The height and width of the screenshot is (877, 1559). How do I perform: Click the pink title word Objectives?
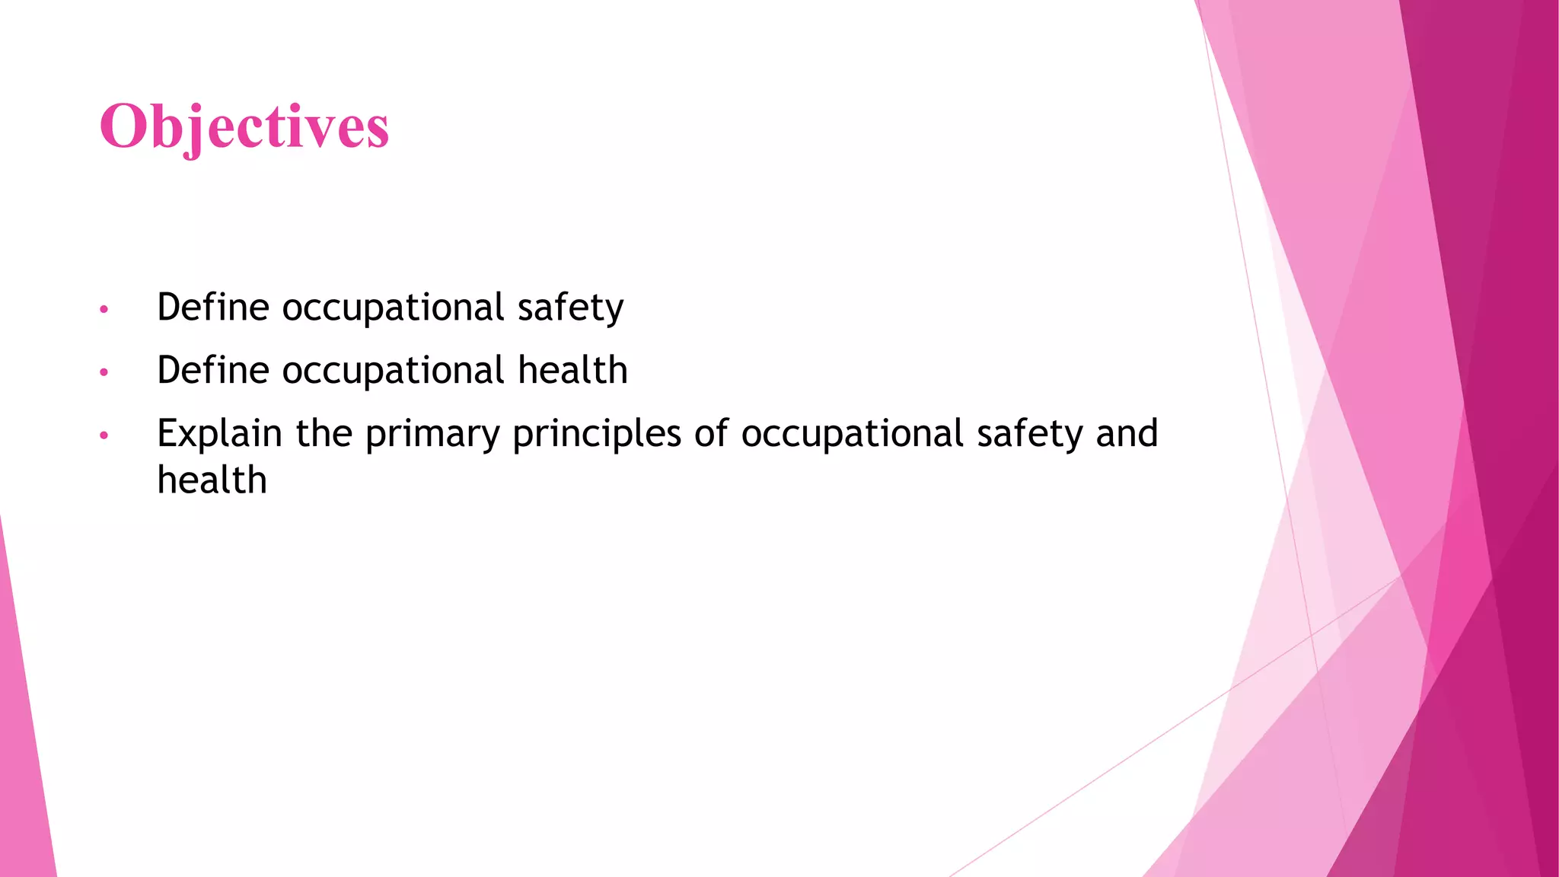click(244, 126)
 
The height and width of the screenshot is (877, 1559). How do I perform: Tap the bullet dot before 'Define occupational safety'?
click(104, 310)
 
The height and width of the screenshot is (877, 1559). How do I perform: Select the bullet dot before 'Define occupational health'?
click(104, 373)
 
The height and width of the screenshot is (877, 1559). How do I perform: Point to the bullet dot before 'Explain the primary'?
click(104, 436)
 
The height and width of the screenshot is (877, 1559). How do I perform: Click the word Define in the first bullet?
click(213, 308)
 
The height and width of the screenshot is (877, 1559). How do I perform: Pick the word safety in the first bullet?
click(570, 308)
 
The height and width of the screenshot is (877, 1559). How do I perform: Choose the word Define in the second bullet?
click(213, 371)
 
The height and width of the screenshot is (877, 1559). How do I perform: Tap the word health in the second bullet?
click(572, 371)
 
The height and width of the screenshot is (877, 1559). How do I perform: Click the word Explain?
click(219, 434)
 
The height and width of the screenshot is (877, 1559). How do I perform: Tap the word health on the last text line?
click(212, 480)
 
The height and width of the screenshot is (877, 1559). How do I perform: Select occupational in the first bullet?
click(393, 308)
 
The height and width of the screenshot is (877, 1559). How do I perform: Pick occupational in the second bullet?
click(393, 371)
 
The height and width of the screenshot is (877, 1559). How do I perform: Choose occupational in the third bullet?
click(853, 434)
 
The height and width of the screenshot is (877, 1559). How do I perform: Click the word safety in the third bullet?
click(1029, 434)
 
